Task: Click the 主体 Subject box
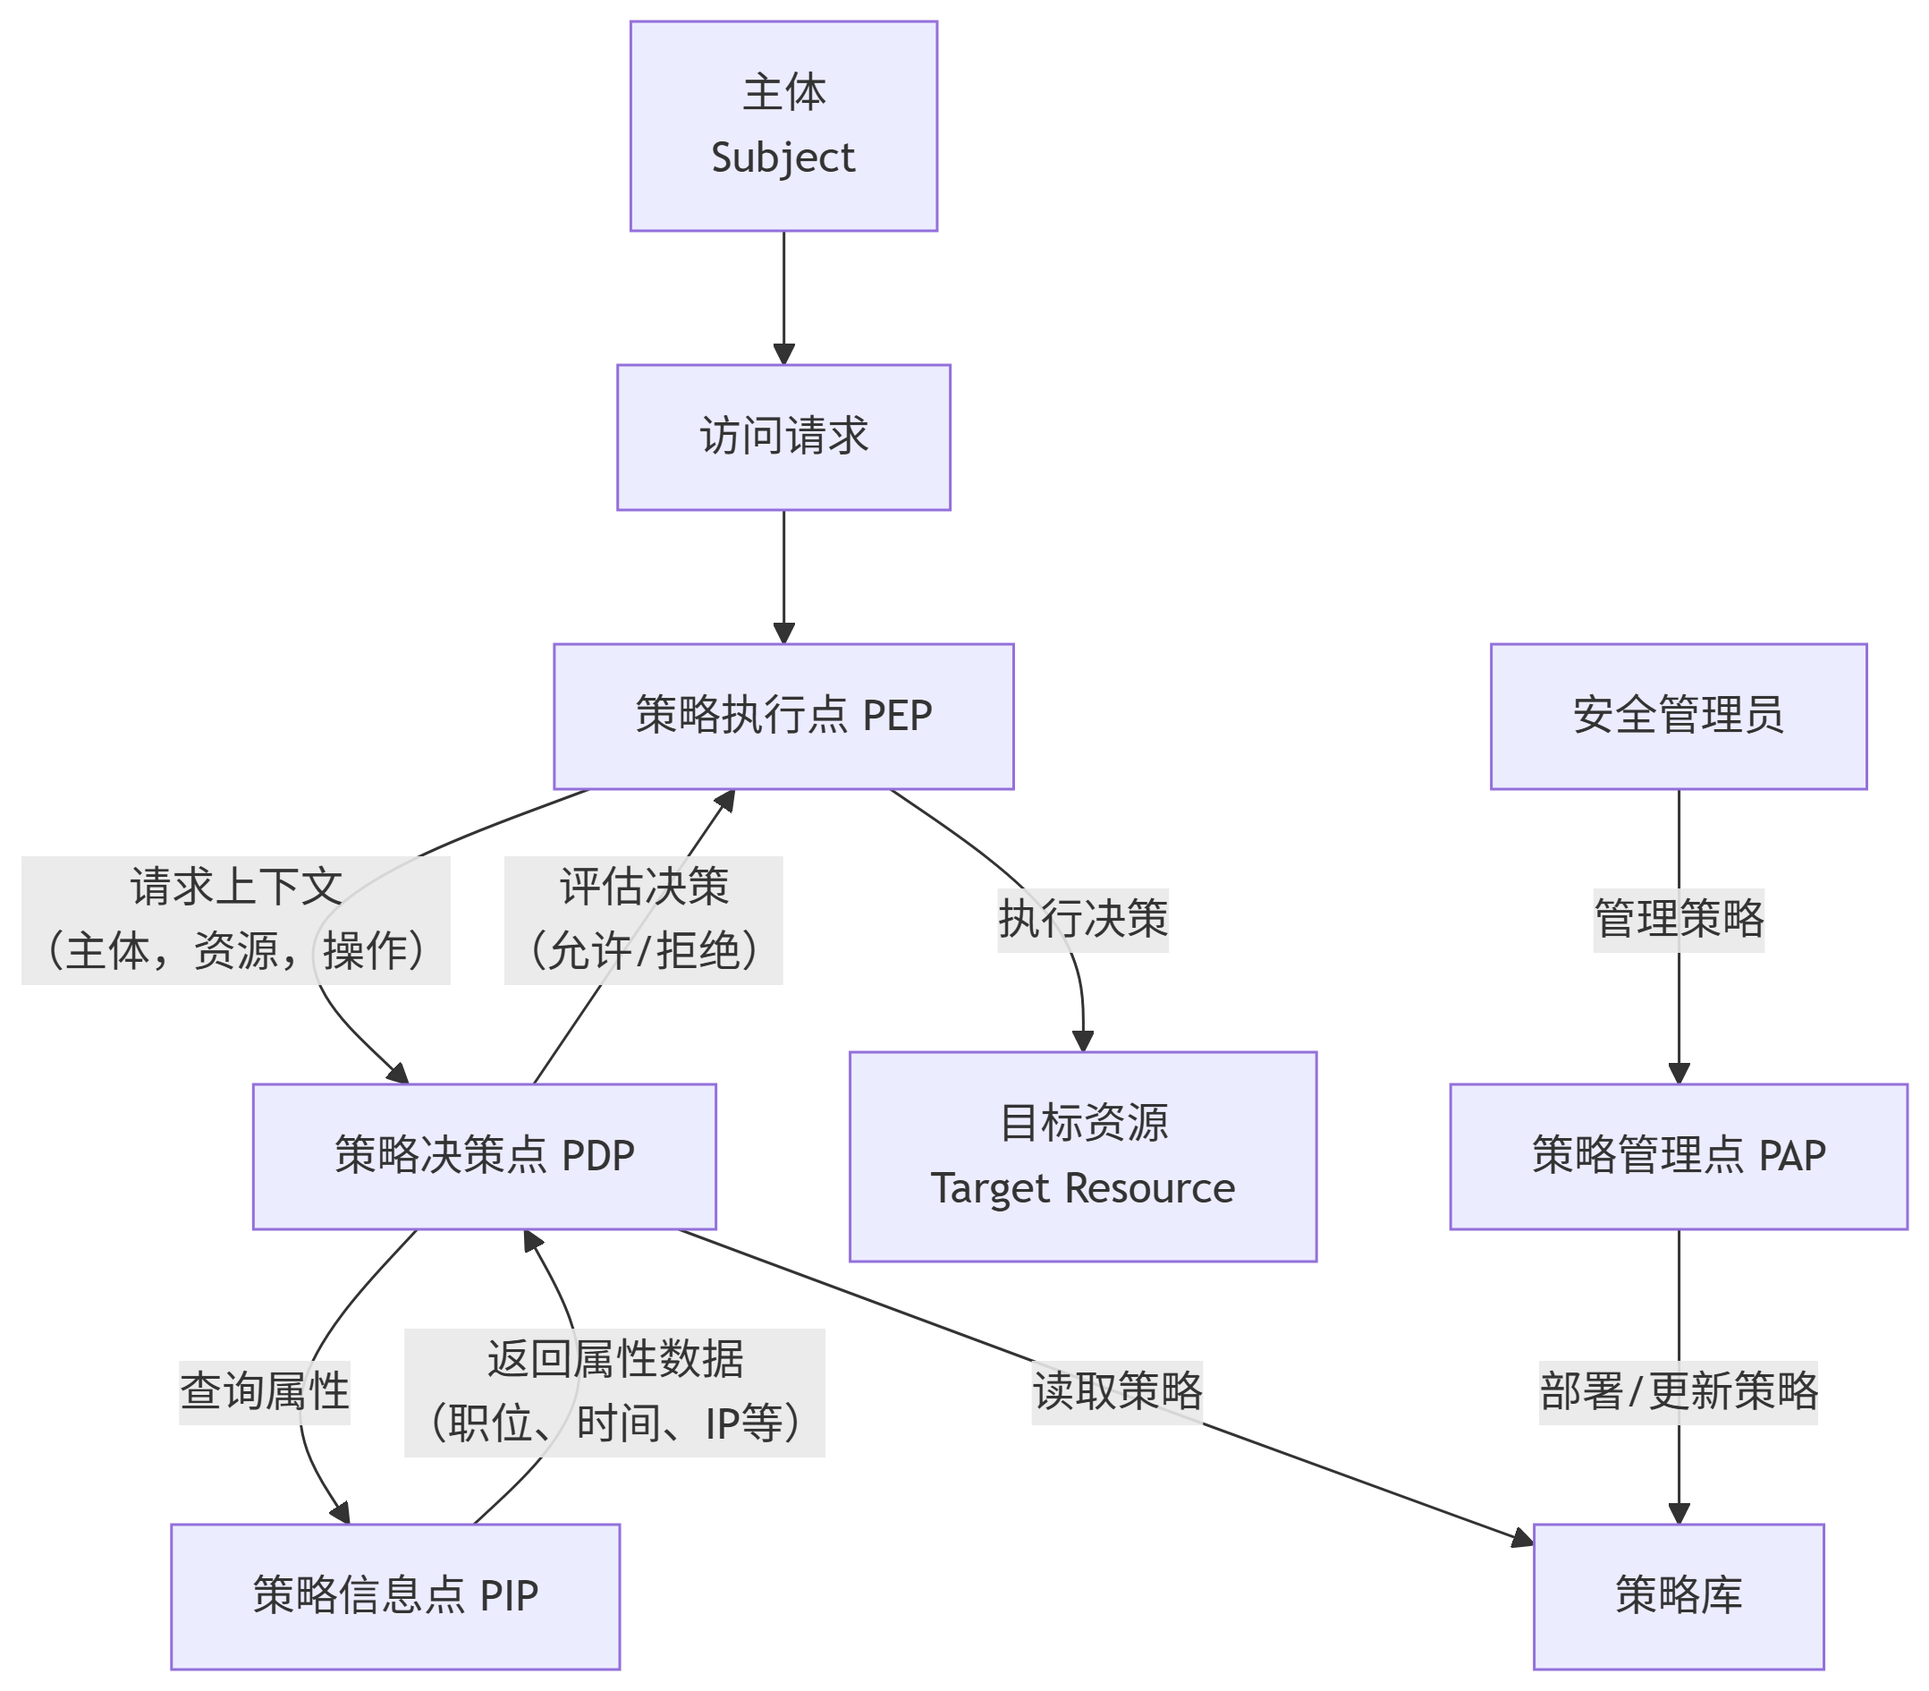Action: (x=783, y=125)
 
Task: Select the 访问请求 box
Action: (x=783, y=437)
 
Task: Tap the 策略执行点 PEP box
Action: (x=783, y=717)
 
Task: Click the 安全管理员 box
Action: (x=1677, y=717)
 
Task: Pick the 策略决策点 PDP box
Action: (x=484, y=1156)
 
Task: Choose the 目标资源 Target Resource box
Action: (x=1082, y=1156)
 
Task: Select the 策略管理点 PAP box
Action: (x=1677, y=1156)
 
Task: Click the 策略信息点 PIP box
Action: (x=395, y=1595)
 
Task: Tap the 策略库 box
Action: (x=1677, y=1595)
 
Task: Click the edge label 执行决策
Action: (x=1082, y=919)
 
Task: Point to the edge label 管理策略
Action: (x=1677, y=919)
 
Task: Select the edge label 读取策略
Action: (x=1117, y=1392)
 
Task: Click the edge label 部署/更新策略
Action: (x=1677, y=1392)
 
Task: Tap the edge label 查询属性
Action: (x=264, y=1392)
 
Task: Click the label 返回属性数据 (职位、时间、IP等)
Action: (x=614, y=1392)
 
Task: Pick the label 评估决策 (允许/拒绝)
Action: (x=643, y=919)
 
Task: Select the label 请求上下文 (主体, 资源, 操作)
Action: (x=235, y=919)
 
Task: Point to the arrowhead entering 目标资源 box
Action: (x=1082, y=1041)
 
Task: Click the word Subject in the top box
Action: (x=783, y=157)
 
